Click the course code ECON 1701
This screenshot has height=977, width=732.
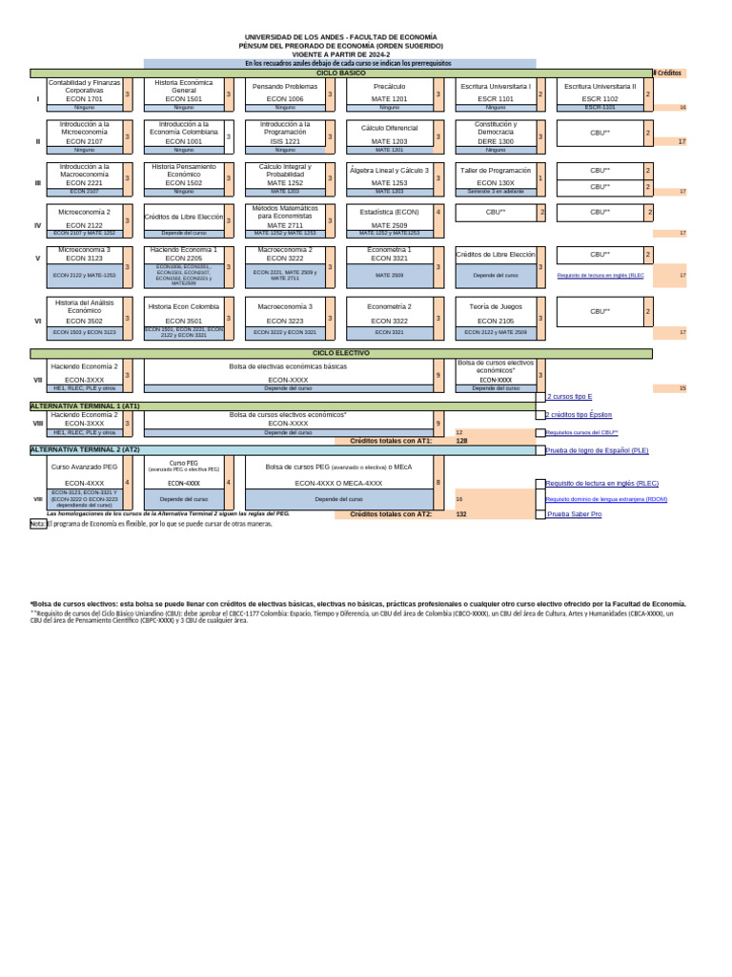point(84,98)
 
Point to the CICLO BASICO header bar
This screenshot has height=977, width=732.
point(340,73)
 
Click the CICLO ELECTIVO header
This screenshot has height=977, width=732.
point(340,353)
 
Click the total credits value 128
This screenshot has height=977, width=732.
point(462,441)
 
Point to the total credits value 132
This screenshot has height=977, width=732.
point(462,513)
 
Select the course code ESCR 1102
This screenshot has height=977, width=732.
point(600,98)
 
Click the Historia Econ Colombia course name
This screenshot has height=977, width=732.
point(184,306)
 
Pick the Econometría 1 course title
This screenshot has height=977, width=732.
point(390,249)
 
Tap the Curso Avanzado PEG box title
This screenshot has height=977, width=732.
point(84,467)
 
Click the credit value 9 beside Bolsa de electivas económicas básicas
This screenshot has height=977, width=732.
point(437,375)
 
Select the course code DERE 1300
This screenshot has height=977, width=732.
point(495,140)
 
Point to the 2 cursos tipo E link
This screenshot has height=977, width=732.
point(569,396)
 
